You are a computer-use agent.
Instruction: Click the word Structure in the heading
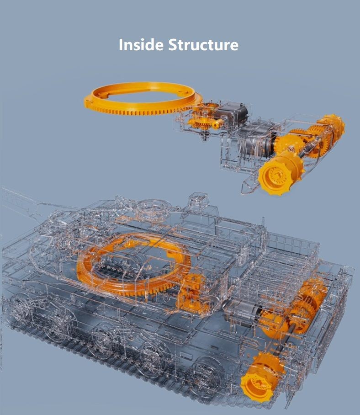(203, 44)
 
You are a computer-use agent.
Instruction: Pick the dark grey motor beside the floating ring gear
(233, 113)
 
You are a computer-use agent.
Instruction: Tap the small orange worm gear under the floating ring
(217, 123)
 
